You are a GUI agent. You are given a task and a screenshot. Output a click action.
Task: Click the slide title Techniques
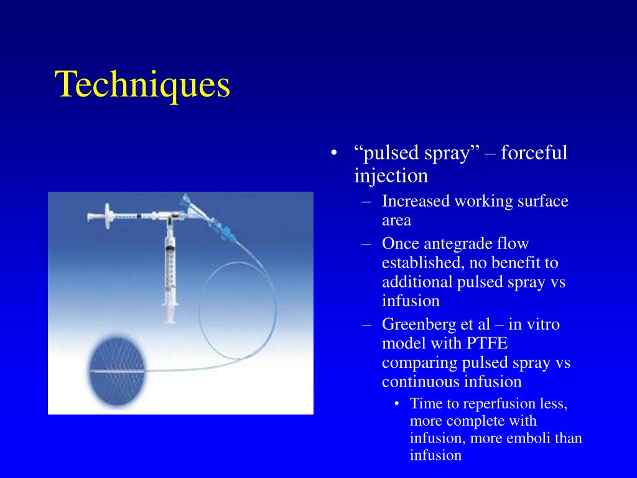(143, 85)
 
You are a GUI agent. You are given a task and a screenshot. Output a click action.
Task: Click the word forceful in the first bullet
(534, 153)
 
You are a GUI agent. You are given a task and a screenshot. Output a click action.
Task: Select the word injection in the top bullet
(391, 176)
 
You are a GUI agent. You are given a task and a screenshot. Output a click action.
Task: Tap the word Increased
(415, 202)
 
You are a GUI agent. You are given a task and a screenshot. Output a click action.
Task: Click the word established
(418, 263)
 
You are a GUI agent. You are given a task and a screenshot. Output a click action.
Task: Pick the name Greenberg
(419, 324)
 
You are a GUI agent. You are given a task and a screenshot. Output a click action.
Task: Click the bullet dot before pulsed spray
(335, 154)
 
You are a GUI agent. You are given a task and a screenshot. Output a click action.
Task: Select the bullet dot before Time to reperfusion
(397, 404)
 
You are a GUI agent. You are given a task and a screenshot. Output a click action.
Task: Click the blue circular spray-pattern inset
(117, 372)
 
